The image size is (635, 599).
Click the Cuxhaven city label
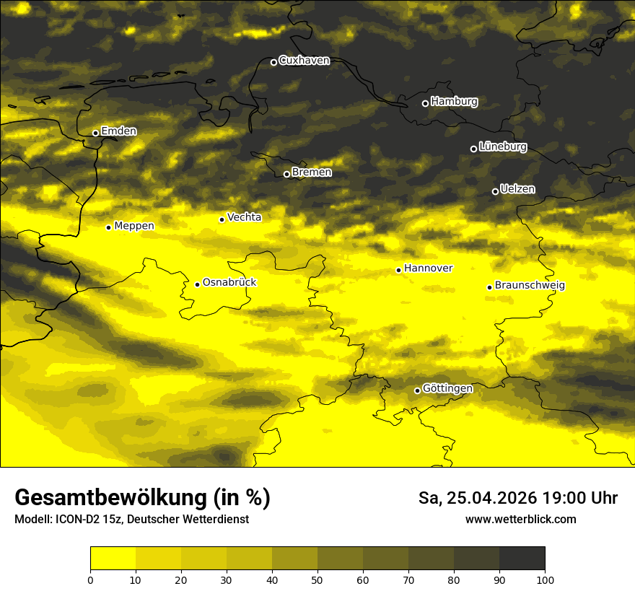[304, 61]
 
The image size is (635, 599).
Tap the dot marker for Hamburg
[425, 103]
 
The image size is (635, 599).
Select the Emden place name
[118, 131]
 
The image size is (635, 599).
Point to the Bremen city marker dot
[286, 174]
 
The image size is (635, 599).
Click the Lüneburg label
[503, 147]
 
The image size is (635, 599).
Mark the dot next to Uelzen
[495, 191]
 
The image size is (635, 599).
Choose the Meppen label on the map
[134, 226]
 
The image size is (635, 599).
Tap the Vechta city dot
[222, 219]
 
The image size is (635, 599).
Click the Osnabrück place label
[229, 283]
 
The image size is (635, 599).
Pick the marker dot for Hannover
[398, 270]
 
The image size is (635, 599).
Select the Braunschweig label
[530, 286]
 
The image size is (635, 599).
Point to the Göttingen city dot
[417, 390]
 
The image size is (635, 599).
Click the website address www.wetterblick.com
[520, 520]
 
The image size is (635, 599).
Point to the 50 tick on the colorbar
[317, 580]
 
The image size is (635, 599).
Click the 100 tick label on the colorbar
[545, 580]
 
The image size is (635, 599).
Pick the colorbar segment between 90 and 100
[522, 559]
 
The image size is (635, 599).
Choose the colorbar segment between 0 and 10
[113, 559]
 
